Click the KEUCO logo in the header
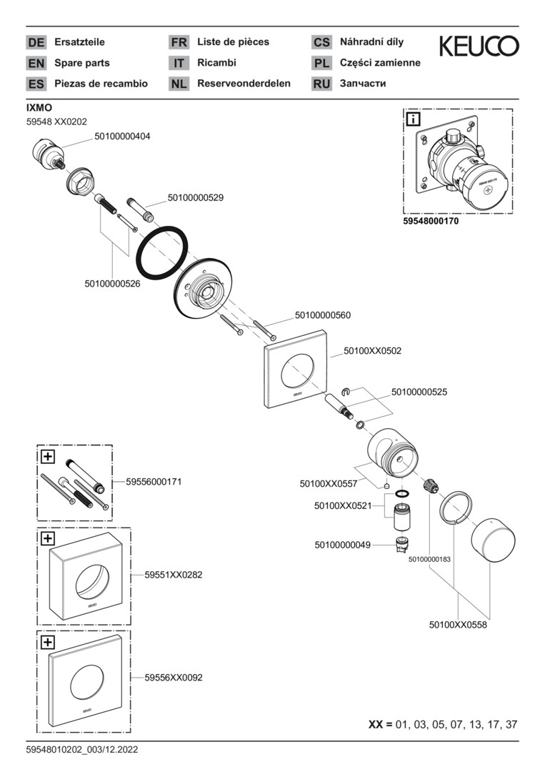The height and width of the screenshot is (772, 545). click(479, 47)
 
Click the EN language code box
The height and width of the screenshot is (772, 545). click(36, 63)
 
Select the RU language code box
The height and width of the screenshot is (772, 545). click(321, 84)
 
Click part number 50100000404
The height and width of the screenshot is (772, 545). click(122, 135)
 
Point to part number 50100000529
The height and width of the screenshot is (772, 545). click(196, 197)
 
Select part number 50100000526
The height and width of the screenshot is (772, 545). click(112, 283)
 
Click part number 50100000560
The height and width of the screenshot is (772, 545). click(323, 315)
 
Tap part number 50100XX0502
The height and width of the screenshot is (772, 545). click(372, 351)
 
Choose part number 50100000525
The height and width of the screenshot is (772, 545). click(419, 392)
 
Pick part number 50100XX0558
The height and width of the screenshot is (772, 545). click(458, 624)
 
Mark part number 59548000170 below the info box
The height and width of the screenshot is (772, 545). click(431, 222)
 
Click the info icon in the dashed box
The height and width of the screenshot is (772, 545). click(413, 119)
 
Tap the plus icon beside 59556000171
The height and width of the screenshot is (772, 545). click(47, 455)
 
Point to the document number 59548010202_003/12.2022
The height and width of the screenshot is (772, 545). click(82, 750)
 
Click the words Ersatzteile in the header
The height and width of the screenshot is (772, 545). click(79, 42)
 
